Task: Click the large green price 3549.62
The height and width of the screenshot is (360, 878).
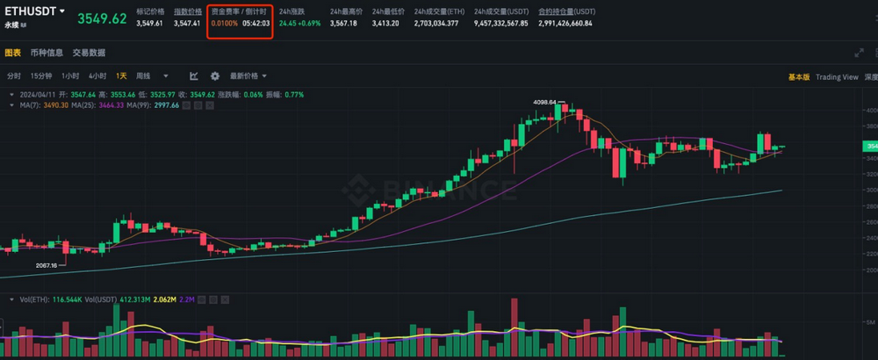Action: [x=101, y=18]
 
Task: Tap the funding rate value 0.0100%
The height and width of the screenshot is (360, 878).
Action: [x=224, y=24]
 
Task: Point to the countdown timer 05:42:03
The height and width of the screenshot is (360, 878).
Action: [x=255, y=24]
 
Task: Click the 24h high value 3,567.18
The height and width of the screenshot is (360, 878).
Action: [x=343, y=24]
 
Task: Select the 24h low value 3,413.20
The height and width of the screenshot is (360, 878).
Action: [x=385, y=24]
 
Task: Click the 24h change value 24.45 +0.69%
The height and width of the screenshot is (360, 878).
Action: [x=299, y=24]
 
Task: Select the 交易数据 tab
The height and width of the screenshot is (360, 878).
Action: [x=89, y=53]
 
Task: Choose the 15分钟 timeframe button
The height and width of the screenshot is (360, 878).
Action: [x=41, y=76]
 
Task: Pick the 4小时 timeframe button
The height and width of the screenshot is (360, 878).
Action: [x=97, y=76]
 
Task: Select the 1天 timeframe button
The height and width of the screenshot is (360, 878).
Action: [x=121, y=76]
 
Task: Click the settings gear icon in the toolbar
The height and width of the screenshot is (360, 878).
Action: [x=214, y=76]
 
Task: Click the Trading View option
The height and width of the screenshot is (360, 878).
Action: [x=837, y=77]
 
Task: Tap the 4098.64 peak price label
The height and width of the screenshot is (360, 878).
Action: [x=545, y=102]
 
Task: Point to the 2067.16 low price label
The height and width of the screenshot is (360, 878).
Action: [x=46, y=264]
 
